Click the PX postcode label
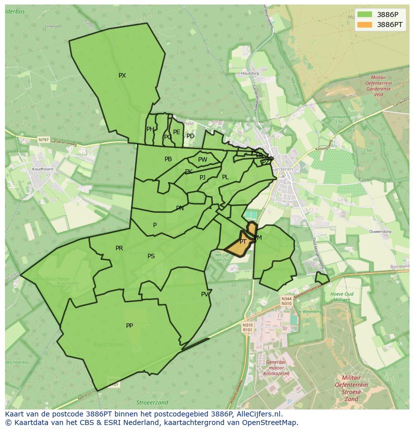(x=122, y=76)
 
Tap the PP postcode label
(x=129, y=326)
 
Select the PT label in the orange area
(x=243, y=242)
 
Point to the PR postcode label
(x=119, y=248)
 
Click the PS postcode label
(x=151, y=256)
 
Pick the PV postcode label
(x=204, y=294)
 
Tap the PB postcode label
(x=168, y=159)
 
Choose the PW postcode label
(x=202, y=160)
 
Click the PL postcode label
(x=225, y=177)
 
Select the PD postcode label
(x=190, y=136)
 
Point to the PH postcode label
(x=150, y=129)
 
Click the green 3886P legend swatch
(x=364, y=14)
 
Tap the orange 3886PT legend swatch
(x=364, y=25)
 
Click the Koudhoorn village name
(x=42, y=169)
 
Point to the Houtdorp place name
(x=250, y=74)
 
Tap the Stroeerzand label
(x=152, y=402)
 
